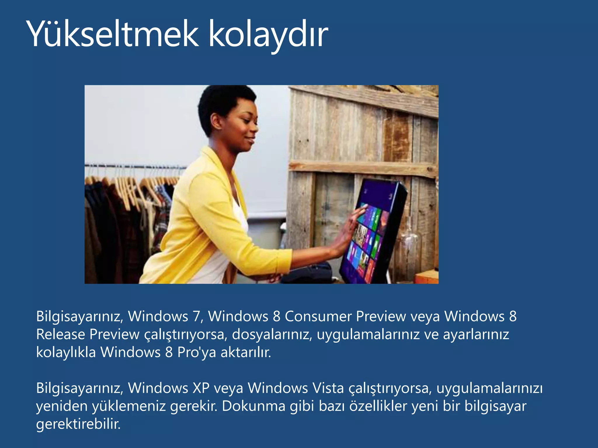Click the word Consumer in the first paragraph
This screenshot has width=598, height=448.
[318, 316]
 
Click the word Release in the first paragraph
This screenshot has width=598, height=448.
[60, 335]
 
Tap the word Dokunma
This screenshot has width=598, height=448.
[253, 406]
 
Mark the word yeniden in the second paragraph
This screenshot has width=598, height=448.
[62, 406]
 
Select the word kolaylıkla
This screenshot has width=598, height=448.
[66, 352]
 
